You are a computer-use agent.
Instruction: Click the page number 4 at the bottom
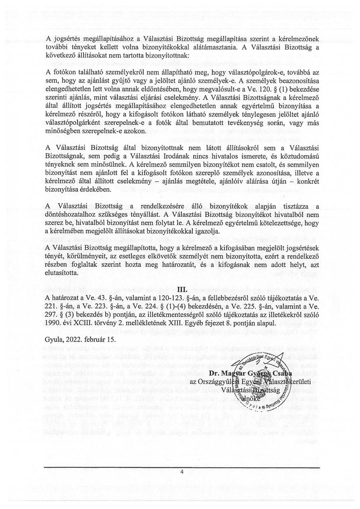pos(182,472)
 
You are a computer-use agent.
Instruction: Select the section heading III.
pos(182,289)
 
